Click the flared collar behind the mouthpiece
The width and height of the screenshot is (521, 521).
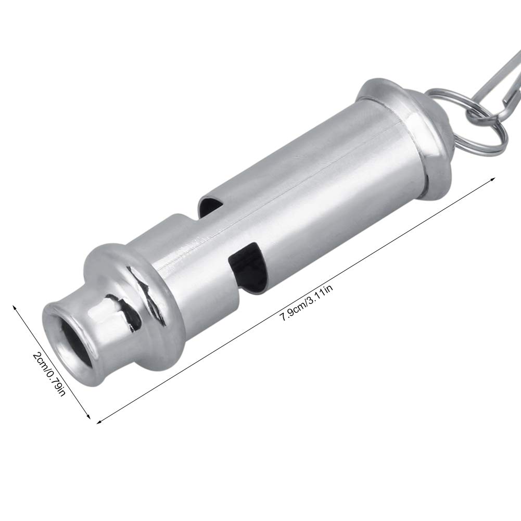point(135,291)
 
